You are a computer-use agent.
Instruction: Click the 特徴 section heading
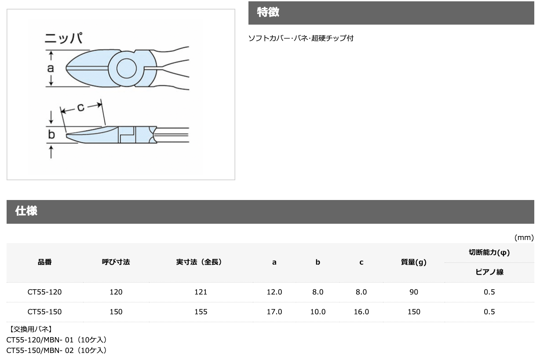click(x=268, y=13)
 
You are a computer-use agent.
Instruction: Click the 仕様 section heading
click(x=26, y=211)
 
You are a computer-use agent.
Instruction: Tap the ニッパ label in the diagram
click(x=64, y=39)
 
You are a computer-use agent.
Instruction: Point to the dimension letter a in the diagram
click(x=51, y=68)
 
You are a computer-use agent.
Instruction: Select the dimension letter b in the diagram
click(x=51, y=135)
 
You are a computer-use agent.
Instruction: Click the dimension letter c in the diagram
click(x=80, y=107)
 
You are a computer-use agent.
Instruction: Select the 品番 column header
click(x=44, y=262)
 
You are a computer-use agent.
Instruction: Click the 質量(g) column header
click(x=413, y=262)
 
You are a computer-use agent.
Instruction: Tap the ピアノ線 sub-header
click(x=489, y=272)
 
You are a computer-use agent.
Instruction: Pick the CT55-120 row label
click(x=44, y=292)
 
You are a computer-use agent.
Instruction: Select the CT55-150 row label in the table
click(x=44, y=312)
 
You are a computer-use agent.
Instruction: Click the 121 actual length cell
click(x=201, y=292)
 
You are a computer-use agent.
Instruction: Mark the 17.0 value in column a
click(x=274, y=312)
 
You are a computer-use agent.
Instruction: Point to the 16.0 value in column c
click(x=361, y=312)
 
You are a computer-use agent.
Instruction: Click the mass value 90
click(x=413, y=292)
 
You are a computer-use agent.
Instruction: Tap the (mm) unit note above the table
click(x=524, y=237)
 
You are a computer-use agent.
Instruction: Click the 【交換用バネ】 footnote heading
click(x=29, y=329)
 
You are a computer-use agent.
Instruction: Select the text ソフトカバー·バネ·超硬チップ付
click(x=301, y=38)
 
